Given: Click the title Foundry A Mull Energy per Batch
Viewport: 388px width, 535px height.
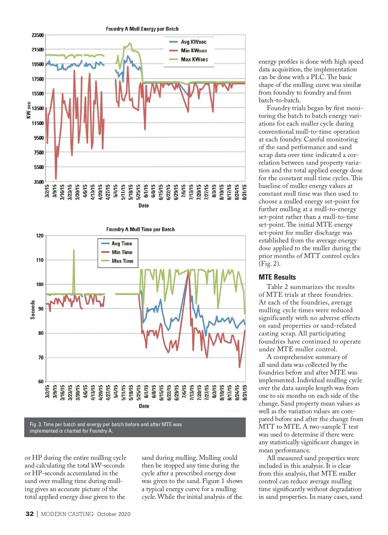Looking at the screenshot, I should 142,29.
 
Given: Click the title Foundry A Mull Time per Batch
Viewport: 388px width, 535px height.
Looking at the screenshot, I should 140,230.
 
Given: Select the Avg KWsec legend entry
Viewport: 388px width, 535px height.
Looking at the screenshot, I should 193,42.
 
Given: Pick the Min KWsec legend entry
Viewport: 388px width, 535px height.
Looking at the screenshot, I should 194,51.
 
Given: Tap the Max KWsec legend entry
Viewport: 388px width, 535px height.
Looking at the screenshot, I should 194,59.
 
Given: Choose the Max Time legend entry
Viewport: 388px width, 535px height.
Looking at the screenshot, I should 122,261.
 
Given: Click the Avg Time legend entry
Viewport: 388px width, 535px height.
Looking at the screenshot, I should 122,244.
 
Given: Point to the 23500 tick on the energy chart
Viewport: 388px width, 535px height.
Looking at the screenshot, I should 38,35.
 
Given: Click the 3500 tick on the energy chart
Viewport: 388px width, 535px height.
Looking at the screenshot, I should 39,182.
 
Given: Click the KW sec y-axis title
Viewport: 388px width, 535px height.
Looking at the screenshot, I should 29,110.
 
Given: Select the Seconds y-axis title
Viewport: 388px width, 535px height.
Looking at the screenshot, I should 33,310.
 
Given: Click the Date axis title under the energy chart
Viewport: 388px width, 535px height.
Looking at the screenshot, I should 144,206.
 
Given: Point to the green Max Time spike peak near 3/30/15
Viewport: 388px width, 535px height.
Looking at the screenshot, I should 74,250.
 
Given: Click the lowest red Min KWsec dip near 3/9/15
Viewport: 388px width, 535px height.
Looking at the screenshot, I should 56,179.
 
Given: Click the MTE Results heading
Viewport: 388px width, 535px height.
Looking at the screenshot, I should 277,277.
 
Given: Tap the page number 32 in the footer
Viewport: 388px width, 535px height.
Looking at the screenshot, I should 29,514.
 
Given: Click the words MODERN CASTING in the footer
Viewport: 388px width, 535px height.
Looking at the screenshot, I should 67,514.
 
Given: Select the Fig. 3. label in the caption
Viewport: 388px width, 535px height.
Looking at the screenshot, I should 36,425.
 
